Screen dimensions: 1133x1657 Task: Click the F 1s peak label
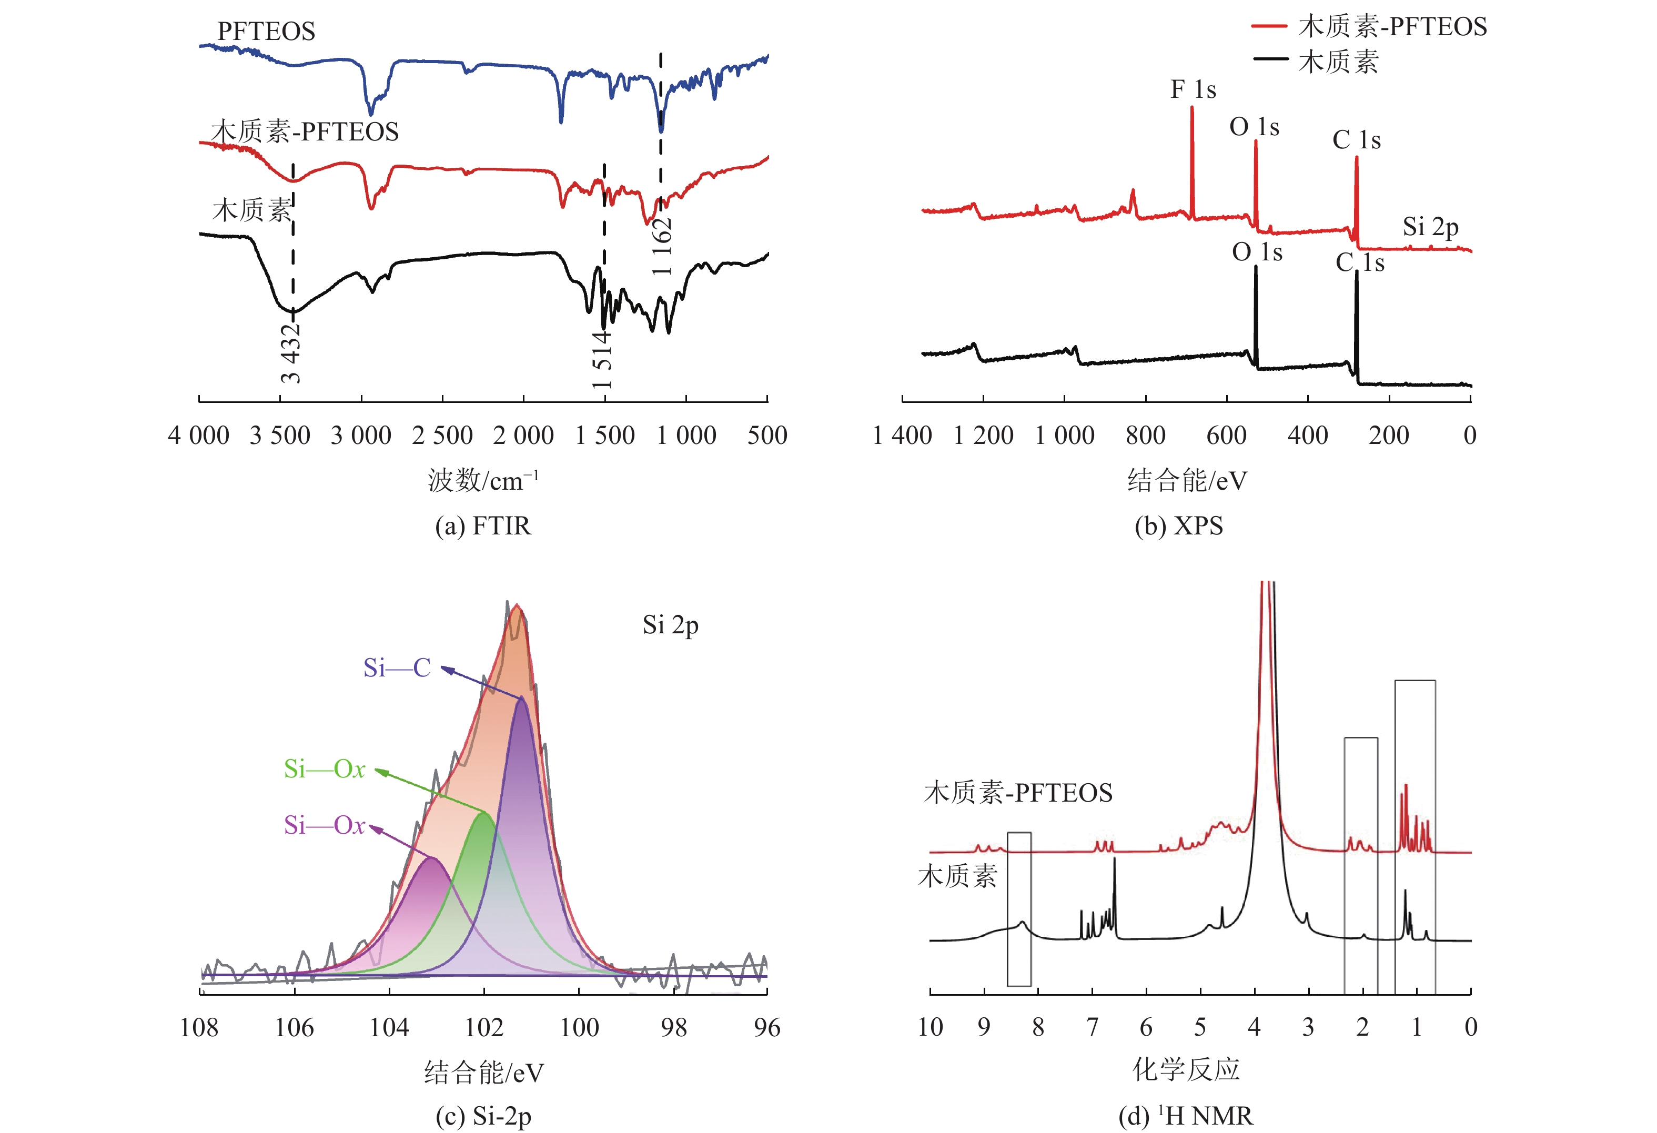click(1193, 90)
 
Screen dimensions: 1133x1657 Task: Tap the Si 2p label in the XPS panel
click(1430, 227)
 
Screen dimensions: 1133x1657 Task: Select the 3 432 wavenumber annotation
click(291, 353)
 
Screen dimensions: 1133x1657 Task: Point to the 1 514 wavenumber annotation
click(602, 359)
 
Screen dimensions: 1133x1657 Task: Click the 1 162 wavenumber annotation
click(662, 246)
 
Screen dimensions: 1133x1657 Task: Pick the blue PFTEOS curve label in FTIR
click(266, 32)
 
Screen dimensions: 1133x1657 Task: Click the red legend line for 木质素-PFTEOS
click(1270, 26)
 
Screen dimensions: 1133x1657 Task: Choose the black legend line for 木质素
click(1270, 60)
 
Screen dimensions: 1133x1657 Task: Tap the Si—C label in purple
click(397, 668)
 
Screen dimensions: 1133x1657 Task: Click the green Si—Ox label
click(325, 768)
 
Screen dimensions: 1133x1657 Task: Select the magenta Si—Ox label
click(325, 825)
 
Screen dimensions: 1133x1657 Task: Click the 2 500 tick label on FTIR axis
click(442, 435)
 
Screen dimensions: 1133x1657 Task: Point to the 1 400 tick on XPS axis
click(902, 435)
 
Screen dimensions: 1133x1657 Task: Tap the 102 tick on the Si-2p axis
click(484, 1027)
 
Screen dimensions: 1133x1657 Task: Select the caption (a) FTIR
click(483, 526)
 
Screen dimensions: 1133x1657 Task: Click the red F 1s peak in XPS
click(1192, 114)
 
